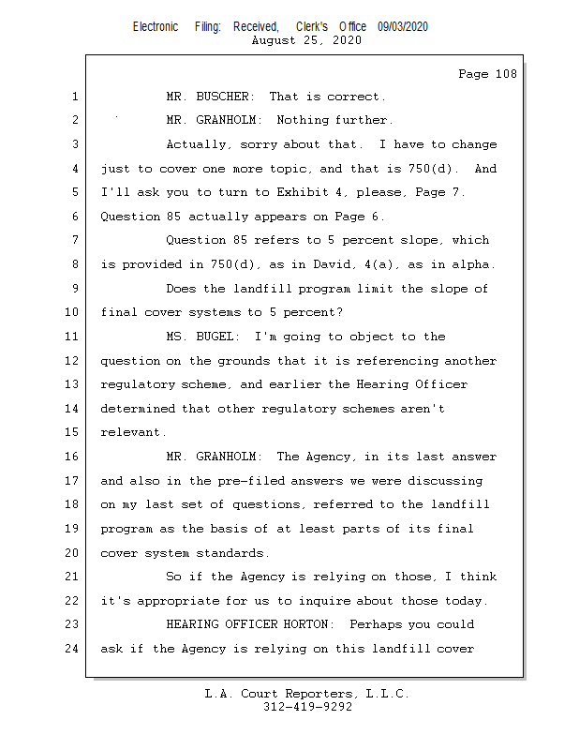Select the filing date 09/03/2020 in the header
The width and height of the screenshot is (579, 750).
click(403, 27)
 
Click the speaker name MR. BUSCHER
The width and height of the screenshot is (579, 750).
click(211, 97)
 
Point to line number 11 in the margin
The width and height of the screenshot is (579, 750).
click(74, 337)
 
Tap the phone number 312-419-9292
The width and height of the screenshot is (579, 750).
click(307, 707)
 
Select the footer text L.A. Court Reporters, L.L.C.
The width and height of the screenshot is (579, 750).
click(307, 694)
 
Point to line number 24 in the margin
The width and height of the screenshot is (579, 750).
click(74, 648)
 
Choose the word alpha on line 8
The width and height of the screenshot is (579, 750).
click(474, 264)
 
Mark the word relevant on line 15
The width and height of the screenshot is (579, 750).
click(132, 432)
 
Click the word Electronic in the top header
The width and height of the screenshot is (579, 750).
click(156, 27)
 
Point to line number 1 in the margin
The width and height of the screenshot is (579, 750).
click(74, 97)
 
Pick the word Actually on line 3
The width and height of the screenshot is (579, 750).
click(196, 145)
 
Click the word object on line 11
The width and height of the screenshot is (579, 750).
click(374, 337)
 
